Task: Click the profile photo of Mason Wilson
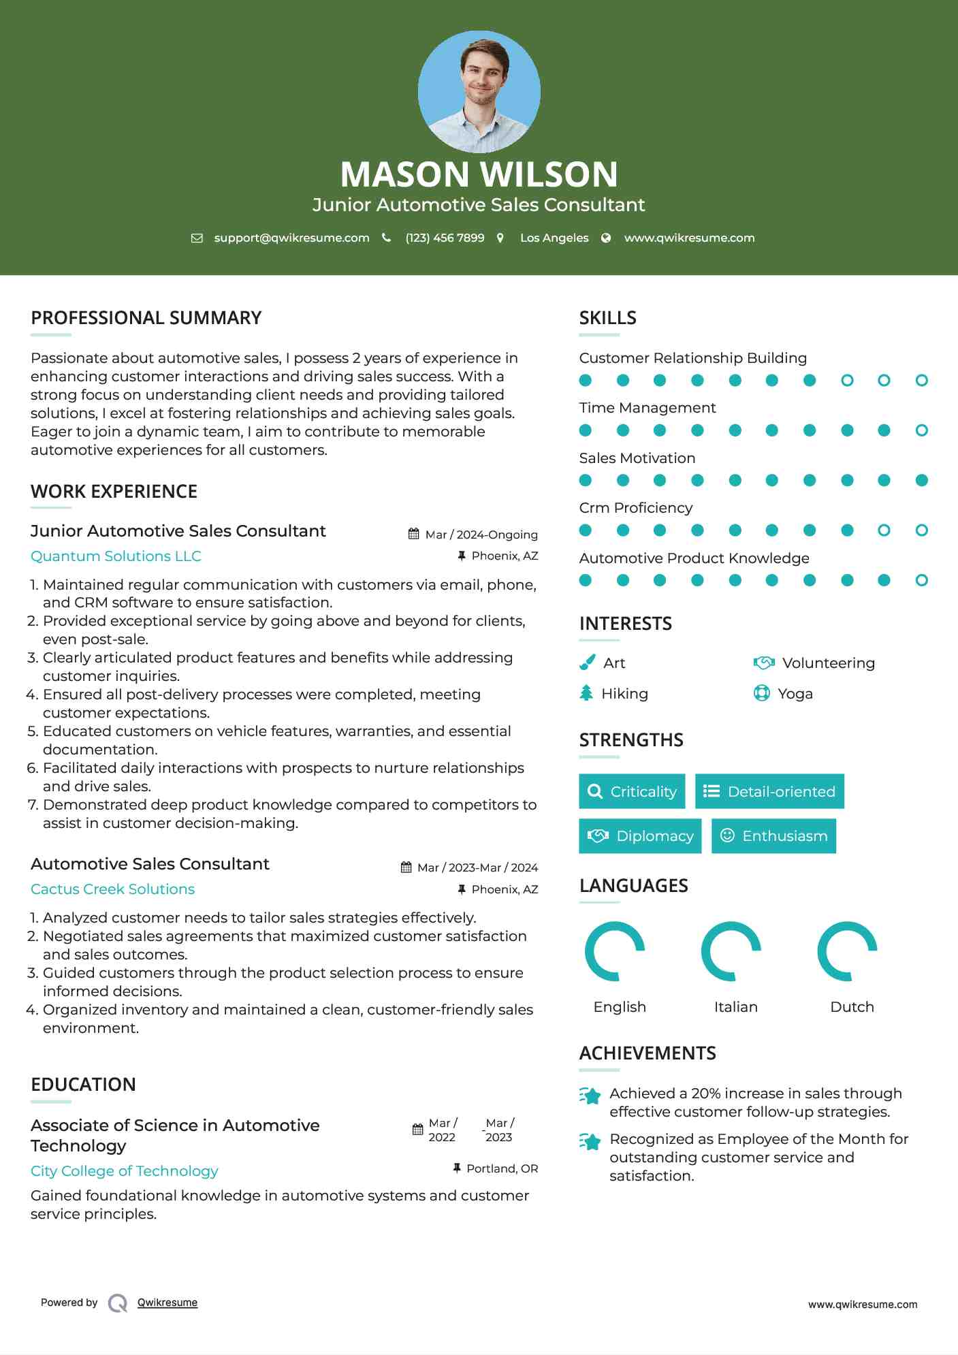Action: tap(479, 91)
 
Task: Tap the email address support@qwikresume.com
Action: tap(291, 238)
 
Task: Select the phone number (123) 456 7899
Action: tap(445, 238)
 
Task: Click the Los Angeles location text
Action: tap(554, 238)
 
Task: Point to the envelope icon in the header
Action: tap(197, 238)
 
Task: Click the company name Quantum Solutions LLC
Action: tap(116, 556)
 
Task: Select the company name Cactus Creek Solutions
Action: tap(112, 889)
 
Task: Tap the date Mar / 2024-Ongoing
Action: tap(481, 535)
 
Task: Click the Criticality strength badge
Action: tap(632, 791)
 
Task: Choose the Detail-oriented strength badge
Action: tap(769, 791)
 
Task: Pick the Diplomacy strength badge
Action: tap(640, 836)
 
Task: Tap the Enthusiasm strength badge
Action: tap(773, 836)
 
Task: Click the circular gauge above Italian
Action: tap(731, 951)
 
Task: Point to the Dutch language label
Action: tap(852, 1006)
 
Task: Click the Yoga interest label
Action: tap(795, 694)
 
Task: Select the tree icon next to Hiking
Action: tap(586, 693)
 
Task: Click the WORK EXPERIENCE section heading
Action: tap(114, 492)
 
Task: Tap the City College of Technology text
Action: tap(124, 1171)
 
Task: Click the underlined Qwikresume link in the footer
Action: tap(167, 1303)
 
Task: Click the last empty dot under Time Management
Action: tap(921, 430)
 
